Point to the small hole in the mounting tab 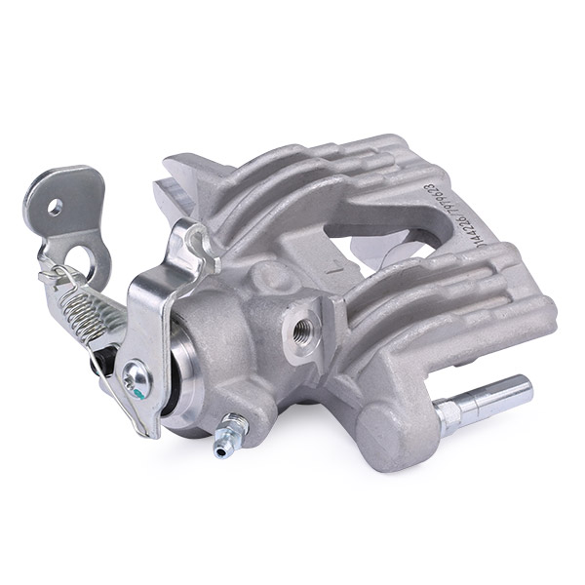click(x=56, y=207)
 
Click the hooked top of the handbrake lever click(x=195, y=235)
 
